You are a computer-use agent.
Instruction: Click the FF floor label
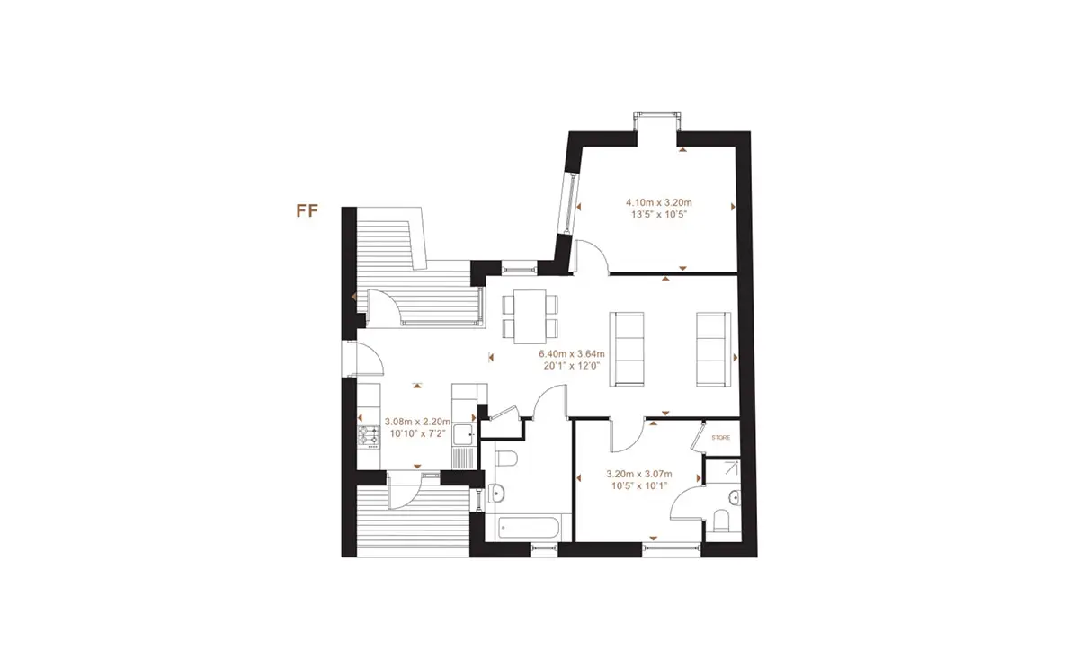(x=307, y=211)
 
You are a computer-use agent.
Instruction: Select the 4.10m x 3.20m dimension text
(x=658, y=203)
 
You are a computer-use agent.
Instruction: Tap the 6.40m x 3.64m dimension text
(x=572, y=354)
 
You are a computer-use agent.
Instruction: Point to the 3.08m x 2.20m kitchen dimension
(x=417, y=422)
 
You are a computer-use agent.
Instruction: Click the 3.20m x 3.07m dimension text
(x=639, y=474)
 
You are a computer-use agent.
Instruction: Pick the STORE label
(x=720, y=438)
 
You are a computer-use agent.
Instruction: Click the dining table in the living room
(x=530, y=316)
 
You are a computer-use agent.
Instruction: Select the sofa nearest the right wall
(x=713, y=349)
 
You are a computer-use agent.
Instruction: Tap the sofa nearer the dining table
(x=627, y=349)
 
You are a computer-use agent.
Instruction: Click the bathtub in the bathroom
(x=528, y=528)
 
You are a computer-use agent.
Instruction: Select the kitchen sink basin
(x=464, y=434)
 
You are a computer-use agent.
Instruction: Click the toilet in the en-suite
(x=721, y=521)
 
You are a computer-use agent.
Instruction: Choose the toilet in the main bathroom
(x=504, y=459)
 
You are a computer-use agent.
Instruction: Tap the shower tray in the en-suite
(x=723, y=471)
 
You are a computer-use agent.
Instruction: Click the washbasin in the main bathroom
(x=496, y=493)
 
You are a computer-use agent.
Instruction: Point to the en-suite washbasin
(x=735, y=497)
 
